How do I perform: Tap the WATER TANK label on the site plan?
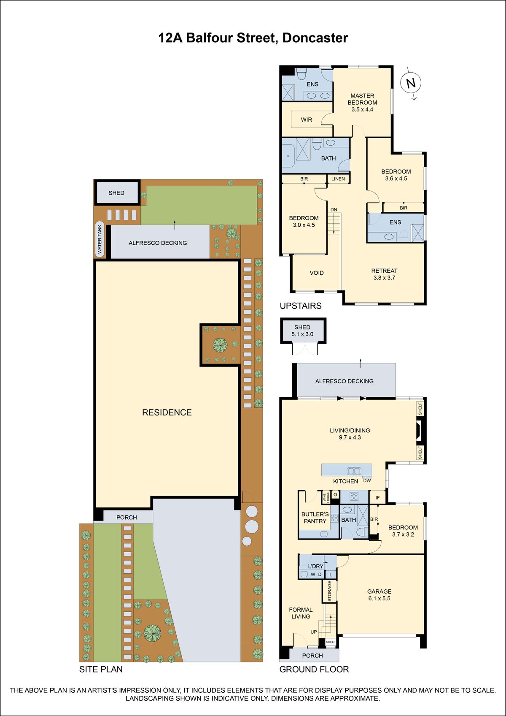pyautogui.click(x=100, y=239)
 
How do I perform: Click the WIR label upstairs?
pyautogui.click(x=307, y=119)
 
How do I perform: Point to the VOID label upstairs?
pyautogui.click(x=317, y=273)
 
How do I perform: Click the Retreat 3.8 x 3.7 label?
pyautogui.click(x=385, y=274)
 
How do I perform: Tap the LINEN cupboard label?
pyautogui.click(x=338, y=179)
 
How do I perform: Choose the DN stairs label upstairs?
pyautogui.click(x=334, y=210)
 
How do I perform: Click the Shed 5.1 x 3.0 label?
pyautogui.click(x=302, y=331)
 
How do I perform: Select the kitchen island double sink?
pyautogui.click(x=354, y=471)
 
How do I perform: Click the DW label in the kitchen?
pyautogui.click(x=367, y=480)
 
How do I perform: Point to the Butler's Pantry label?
pyautogui.click(x=315, y=518)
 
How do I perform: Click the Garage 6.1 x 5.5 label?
pyautogui.click(x=379, y=595)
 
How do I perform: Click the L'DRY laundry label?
pyautogui.click(x=316, y=566)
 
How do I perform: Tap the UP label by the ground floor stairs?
pyautogui.click(x=314, y=632)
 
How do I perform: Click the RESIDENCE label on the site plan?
pyautogui.click(x=167, y=412)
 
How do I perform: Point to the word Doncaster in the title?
pyautogui.click(x=315, y=38)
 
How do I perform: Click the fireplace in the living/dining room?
pyautogui.click(x=420, y=431)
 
